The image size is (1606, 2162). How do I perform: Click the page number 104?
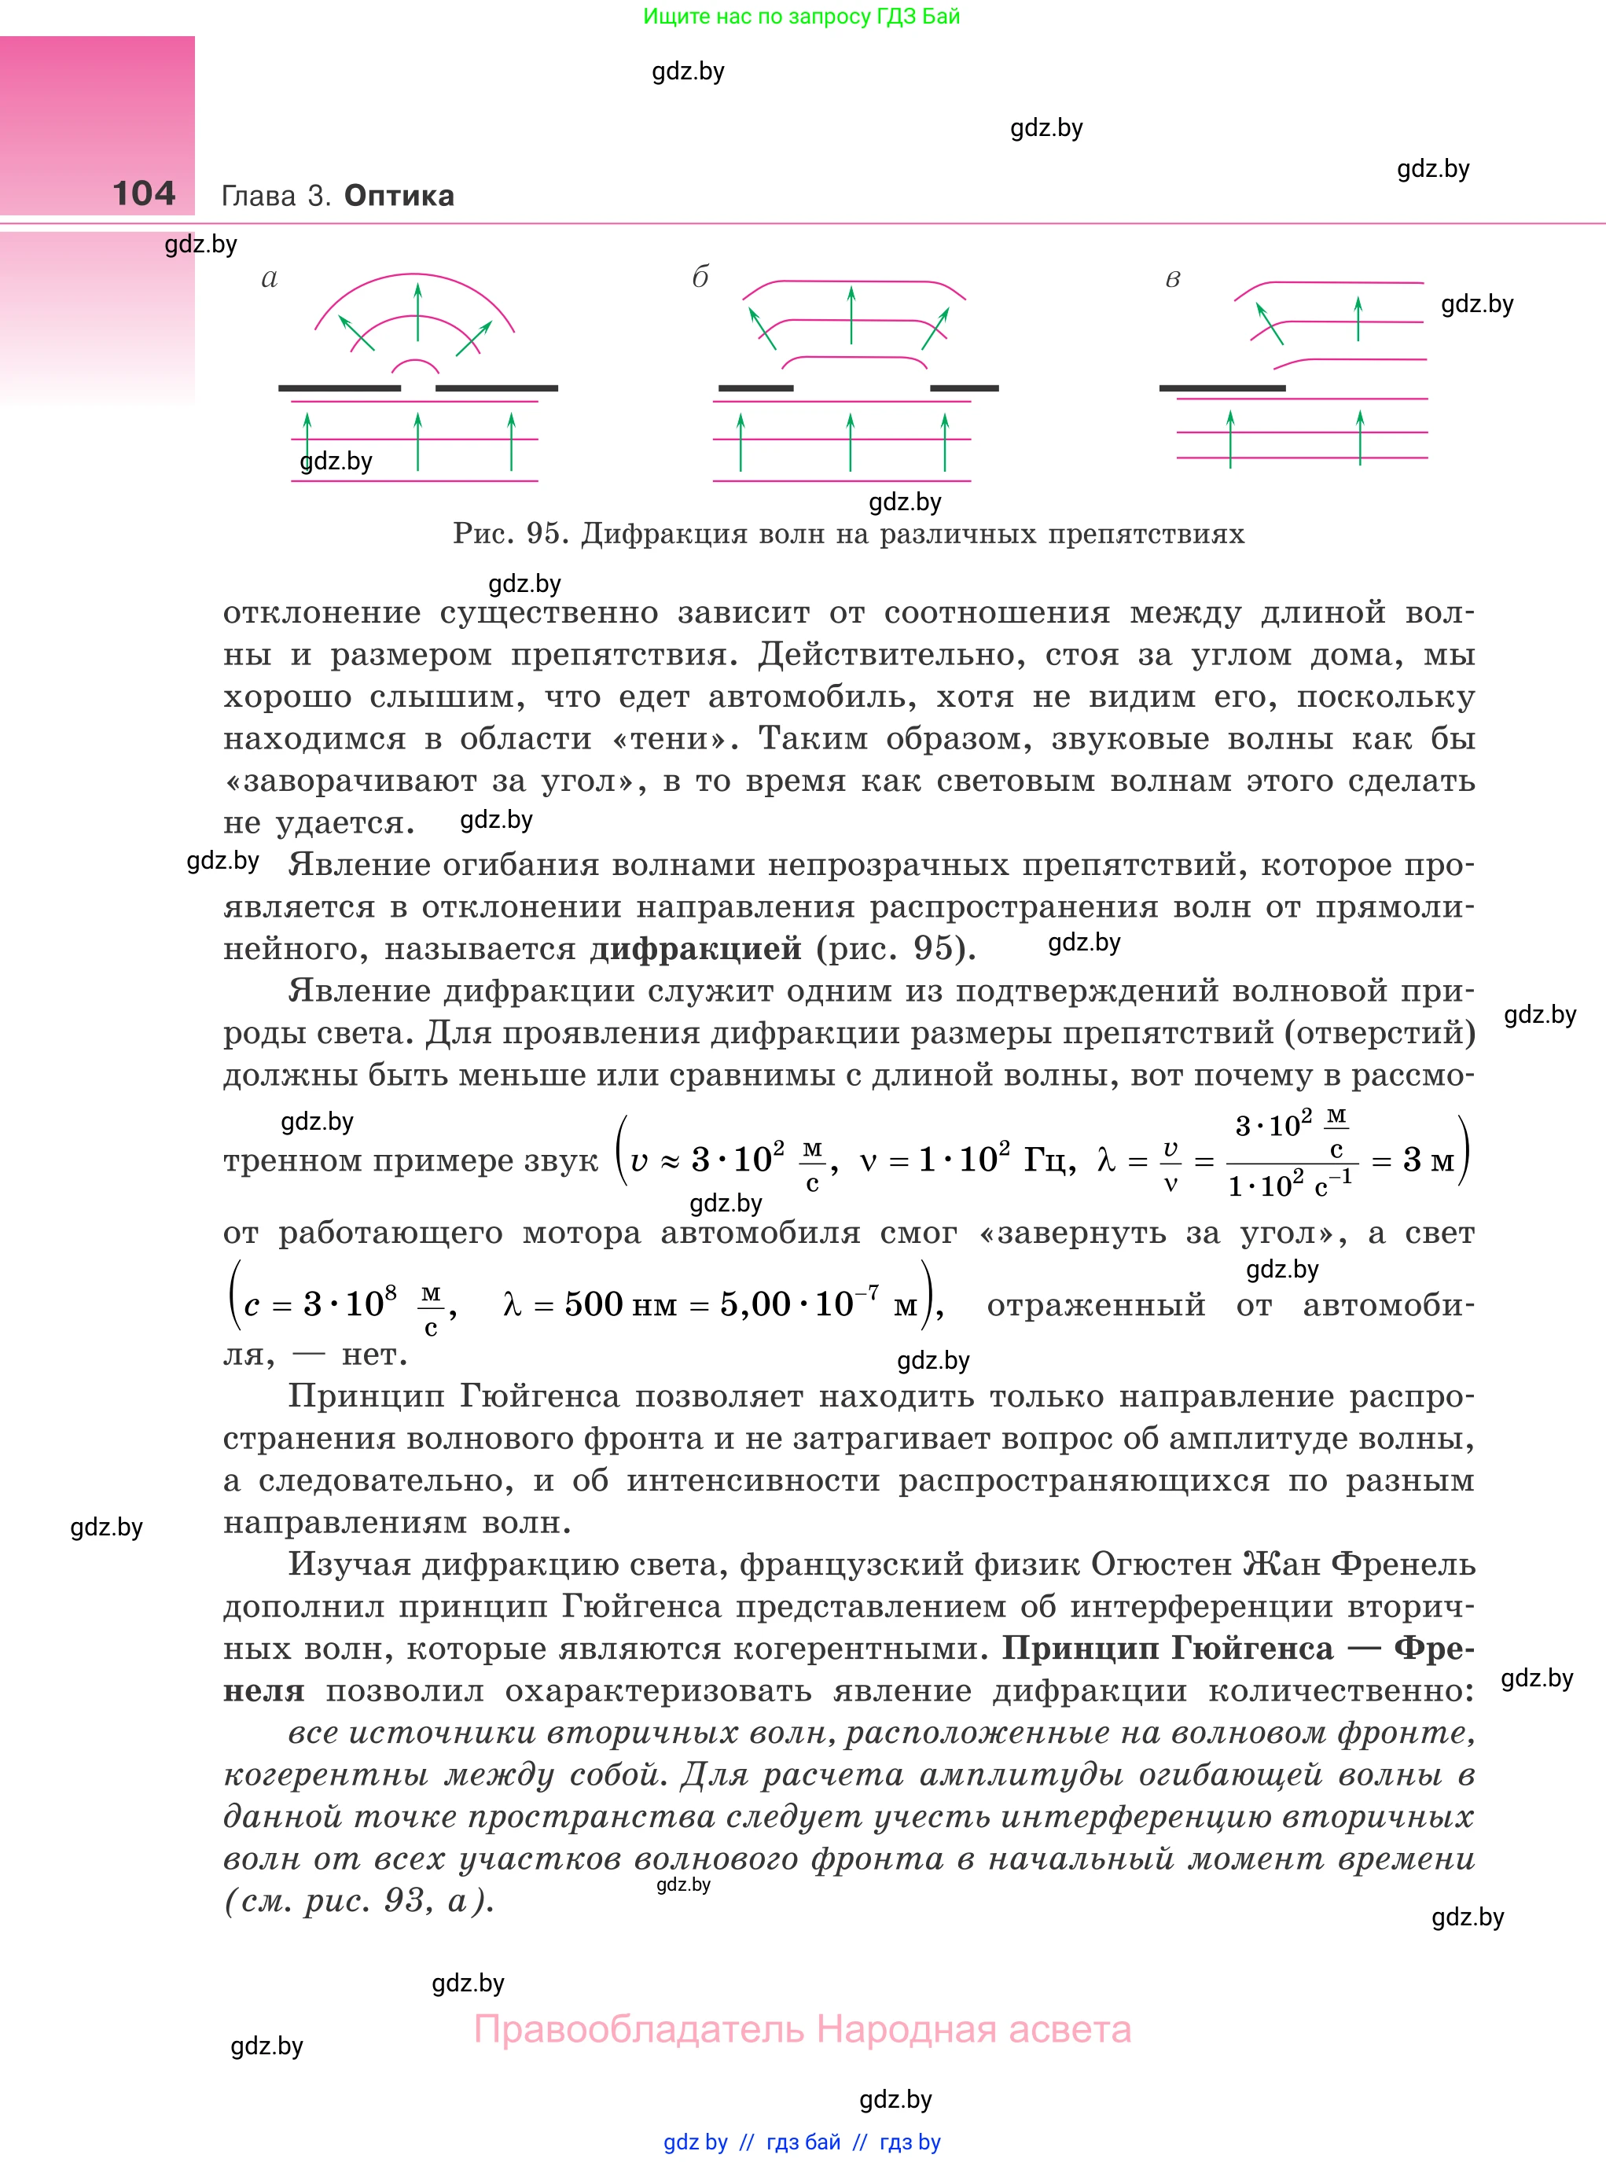click(144, 193)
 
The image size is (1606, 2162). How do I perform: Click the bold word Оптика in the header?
click(399, 196)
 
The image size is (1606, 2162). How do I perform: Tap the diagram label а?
click(270, 279)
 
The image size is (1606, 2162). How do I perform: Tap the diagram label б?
click(700, 278)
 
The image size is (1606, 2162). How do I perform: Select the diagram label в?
click(1172, 280)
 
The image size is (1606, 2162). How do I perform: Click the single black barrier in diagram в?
click(1222, 388)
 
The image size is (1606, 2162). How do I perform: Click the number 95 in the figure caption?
click(543, 534)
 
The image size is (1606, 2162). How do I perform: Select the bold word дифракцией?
click(696, 948)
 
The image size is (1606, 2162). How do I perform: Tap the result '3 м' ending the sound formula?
click(1428, 1160)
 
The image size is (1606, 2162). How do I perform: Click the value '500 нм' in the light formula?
click(620, 1304)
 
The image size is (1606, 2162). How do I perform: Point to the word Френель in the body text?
click(1403, 1565)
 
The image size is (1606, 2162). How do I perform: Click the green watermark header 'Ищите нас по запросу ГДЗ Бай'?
click(801, 17)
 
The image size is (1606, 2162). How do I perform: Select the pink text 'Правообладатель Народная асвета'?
click(802, 2030)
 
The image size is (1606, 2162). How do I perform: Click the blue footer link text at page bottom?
click(802, 2142)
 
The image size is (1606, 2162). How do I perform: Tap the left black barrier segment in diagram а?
click(340, 388)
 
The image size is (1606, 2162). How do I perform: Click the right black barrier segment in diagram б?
click(965, 388)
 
